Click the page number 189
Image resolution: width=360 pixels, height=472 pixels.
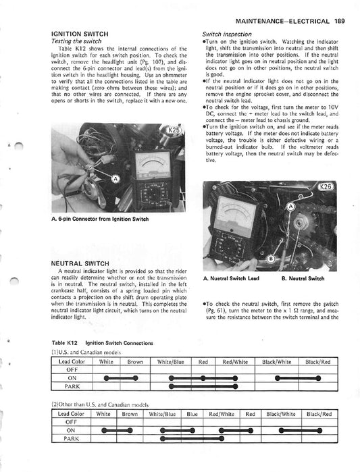click(x=345, y=8)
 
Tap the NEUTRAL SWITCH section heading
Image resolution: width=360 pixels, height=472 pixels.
click(x=78, y=263)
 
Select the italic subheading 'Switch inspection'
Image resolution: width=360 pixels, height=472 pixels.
click(x=228, y=33)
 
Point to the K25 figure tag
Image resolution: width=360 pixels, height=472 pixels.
click(x=174, y=129)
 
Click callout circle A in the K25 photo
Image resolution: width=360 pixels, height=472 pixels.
click(x=115, y=179)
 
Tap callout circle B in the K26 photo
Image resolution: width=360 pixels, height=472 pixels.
click(x=271, y=259)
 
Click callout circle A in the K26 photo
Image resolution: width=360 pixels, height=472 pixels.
click(x=291, y=205)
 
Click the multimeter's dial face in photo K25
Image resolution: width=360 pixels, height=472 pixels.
click(x=156, y=165)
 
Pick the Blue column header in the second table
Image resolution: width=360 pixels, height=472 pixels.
click(x=192, y=413)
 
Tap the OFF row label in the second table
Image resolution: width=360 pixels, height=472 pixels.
click(x=72, y=421)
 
